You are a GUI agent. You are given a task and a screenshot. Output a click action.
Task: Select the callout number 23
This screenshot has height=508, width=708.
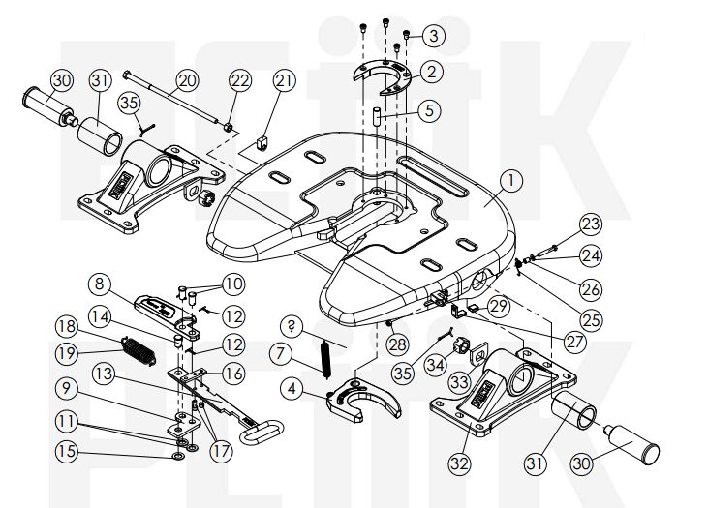point(590,224)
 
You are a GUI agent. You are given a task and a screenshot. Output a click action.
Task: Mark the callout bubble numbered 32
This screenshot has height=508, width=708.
point(459,463)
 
